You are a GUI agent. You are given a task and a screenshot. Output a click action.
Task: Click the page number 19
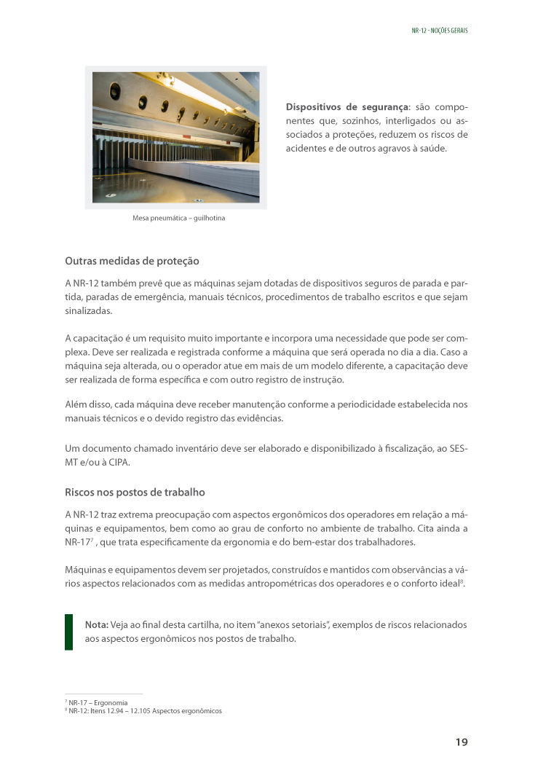462,742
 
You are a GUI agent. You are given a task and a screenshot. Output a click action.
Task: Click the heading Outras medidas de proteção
132,261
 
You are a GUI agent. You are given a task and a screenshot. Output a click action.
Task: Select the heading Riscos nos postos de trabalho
135,492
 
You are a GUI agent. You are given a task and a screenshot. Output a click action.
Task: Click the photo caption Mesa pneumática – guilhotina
178,218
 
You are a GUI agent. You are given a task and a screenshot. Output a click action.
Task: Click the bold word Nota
96,625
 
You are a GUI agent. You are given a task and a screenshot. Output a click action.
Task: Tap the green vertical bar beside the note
68,632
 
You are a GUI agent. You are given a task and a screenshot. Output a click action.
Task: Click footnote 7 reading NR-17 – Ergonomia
98,703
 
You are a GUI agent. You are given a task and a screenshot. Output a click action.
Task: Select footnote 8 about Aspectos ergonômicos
144,711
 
